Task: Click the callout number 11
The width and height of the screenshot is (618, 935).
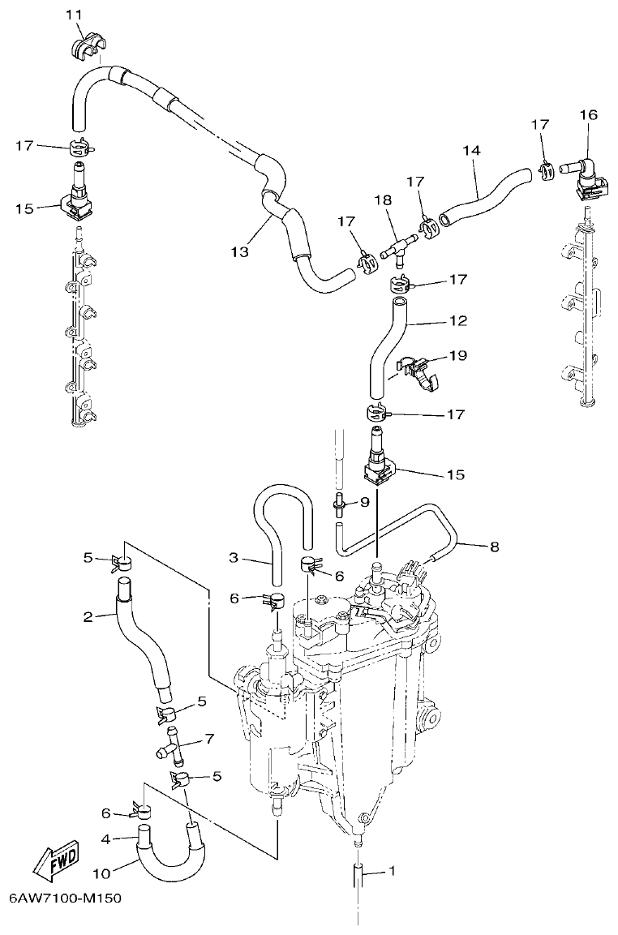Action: (x=74, y=15)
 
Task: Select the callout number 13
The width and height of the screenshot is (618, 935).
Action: (x=239, y=252)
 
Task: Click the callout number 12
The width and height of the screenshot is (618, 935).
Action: (x=458, y=321)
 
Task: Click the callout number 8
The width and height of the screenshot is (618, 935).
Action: (x=494, y=546)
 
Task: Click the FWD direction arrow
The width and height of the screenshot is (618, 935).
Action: (x=58, y=863)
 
